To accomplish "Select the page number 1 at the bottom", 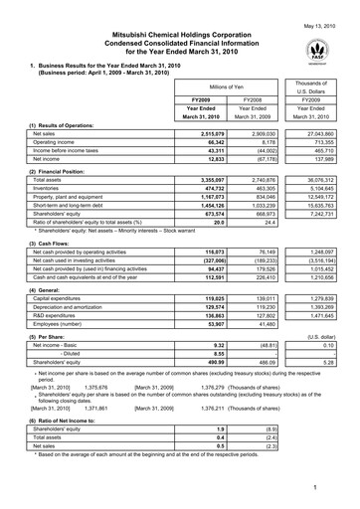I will [340, 489].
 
